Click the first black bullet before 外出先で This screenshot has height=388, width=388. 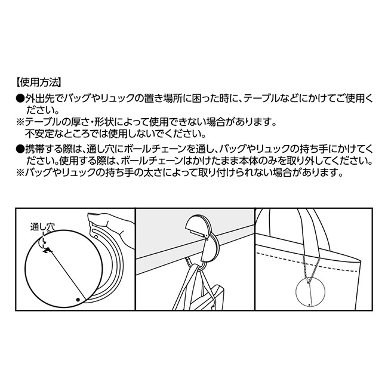(x=20, y=98)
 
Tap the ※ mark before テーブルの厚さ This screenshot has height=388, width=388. (x=20, y=122)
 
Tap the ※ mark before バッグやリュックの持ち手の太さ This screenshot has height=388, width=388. (x=20, y=174)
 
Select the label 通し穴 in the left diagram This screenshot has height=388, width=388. (x=42, y=227)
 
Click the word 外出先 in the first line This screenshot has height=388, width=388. (x=39, y=98)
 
